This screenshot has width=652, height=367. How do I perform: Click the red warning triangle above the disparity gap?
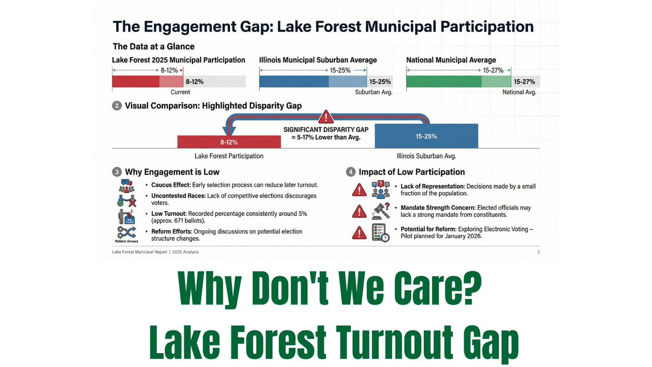[x=325, y=116]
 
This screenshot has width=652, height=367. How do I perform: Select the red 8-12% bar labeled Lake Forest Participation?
[x=229, y=141]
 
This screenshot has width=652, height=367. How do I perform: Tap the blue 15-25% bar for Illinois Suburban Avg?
[x=426, y=136]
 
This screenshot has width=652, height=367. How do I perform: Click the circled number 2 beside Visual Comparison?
[x=116, y=106]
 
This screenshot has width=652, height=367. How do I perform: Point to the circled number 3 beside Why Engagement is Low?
[x=116, y=172]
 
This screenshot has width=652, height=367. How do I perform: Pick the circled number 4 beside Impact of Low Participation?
[x=350, y=172]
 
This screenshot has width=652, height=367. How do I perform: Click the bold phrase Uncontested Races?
[x=176, y=195]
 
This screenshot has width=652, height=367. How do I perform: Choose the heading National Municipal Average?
[x=451, y=60]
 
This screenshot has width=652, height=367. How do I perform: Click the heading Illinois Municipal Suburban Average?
[x=318, y=60]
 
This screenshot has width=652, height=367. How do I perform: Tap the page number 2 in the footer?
[x=538, y=252]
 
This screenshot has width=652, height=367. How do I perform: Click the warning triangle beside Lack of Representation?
[x=359, y=190]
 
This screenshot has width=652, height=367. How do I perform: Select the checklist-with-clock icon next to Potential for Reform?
[x=381, y=233]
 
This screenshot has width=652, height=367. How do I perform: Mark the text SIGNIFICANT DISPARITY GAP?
[x=325, y=129]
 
